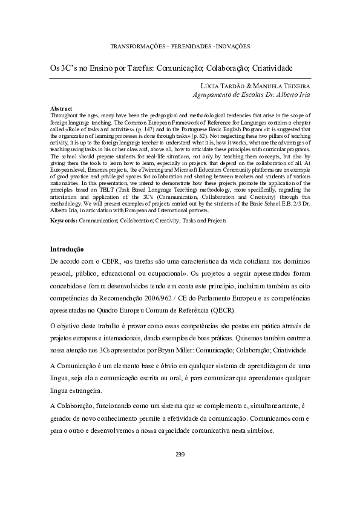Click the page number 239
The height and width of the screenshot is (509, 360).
tap(180, 454)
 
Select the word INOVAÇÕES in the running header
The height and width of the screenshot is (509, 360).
tap(231, 47)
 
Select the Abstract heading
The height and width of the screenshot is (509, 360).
tap(61, 108)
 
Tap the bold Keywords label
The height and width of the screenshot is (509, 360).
tap(64, 221)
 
